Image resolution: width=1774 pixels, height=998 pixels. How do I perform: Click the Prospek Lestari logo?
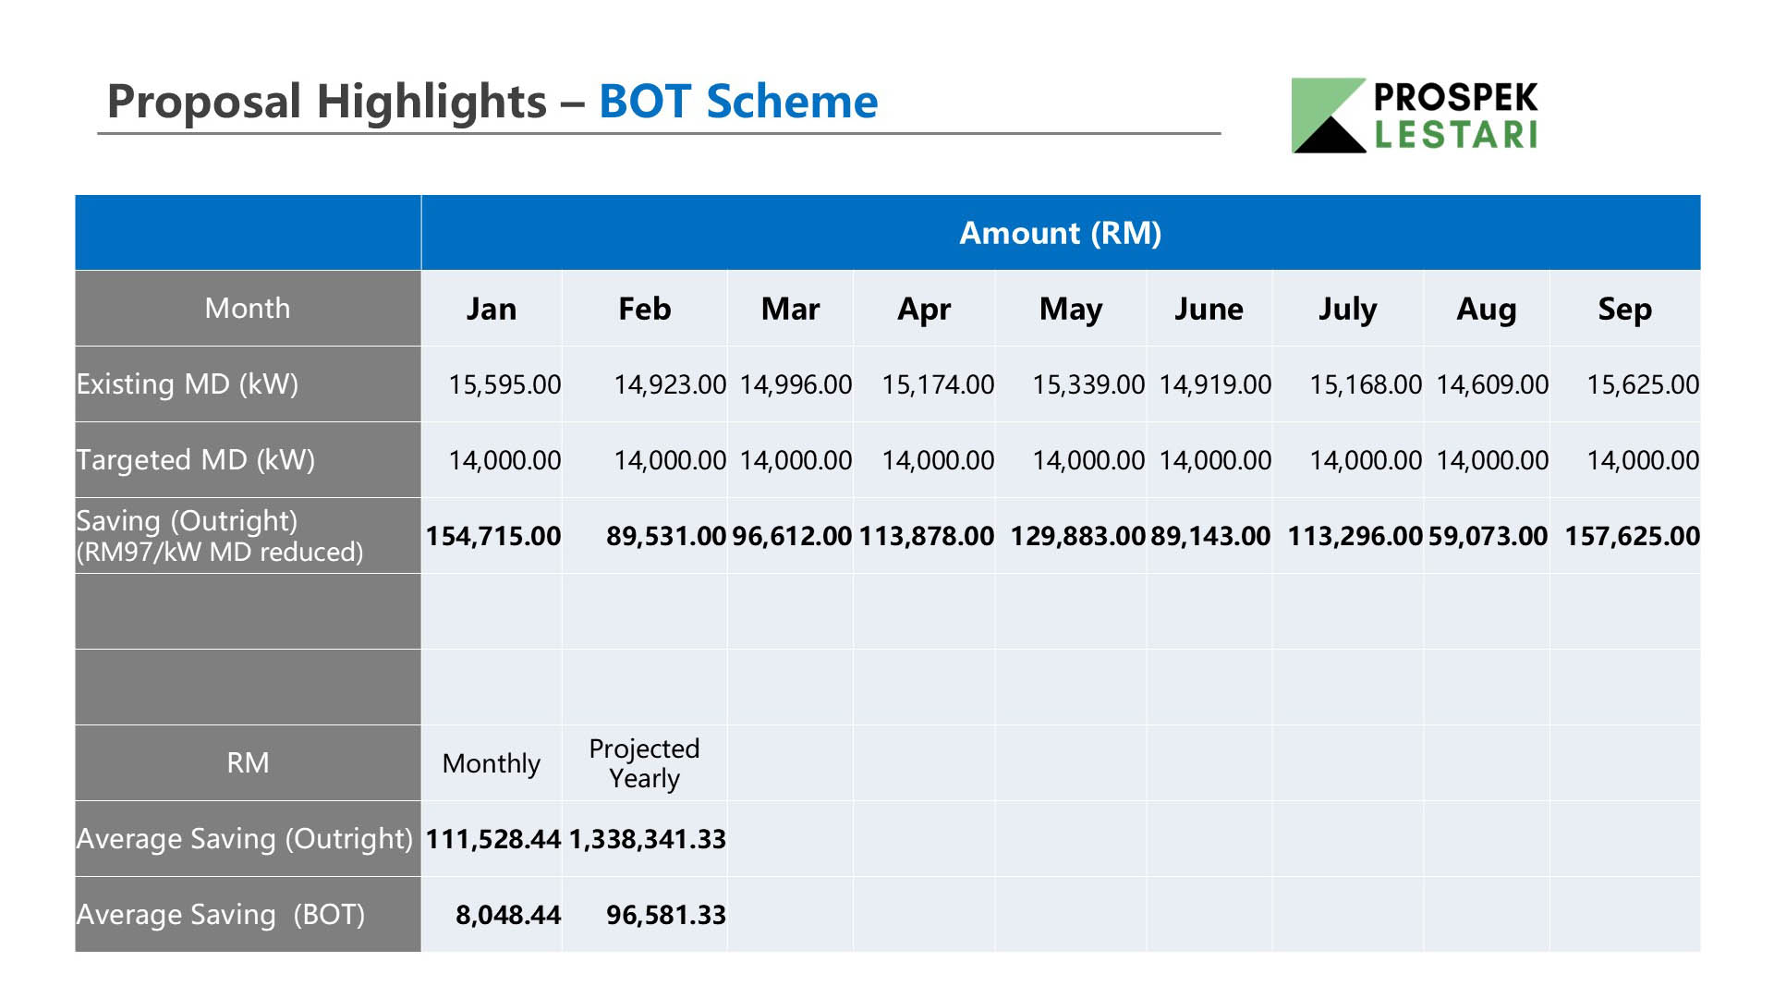[x=1415, y=116]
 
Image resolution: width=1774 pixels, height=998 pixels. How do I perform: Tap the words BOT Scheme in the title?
[x=738, y=101]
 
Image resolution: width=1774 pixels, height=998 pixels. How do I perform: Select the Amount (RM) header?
[x=1061, y=233]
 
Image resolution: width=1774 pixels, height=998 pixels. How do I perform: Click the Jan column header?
[x=492, y=309]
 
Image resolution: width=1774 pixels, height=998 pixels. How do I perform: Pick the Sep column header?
[x=1625, y=309]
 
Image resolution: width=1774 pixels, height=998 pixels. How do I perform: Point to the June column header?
[x=1209, y=309]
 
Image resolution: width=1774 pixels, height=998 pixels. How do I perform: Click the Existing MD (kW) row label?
[x=188, y=383]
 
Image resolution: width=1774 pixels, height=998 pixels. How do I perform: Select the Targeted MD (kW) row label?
[x=196, y=459]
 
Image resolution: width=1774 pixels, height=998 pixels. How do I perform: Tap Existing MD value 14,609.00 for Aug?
[x=1492, y=384]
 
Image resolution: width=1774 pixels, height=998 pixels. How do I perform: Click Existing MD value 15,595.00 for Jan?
[x=504, y=384]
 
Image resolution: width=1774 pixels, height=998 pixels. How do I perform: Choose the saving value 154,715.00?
[x=493, y=536]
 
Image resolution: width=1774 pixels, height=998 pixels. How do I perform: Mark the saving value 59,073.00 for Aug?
[x=1488, y=536]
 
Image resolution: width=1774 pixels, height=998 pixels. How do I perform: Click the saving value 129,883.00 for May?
[x=1077, y=536]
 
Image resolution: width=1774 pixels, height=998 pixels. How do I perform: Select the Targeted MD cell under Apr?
[x=938, y=460]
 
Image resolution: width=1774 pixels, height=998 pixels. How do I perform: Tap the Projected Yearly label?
[x=644, y=763]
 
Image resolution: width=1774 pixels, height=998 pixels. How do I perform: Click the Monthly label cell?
[x=492, y=763]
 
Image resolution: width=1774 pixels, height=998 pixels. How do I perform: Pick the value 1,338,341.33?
[x=647, y=839]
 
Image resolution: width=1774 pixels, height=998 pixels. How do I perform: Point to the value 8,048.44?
[x=508, y=915]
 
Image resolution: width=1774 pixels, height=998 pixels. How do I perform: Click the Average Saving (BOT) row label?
[x=221, y=914]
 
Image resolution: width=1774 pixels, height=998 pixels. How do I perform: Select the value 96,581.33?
[x=666, y=915]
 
